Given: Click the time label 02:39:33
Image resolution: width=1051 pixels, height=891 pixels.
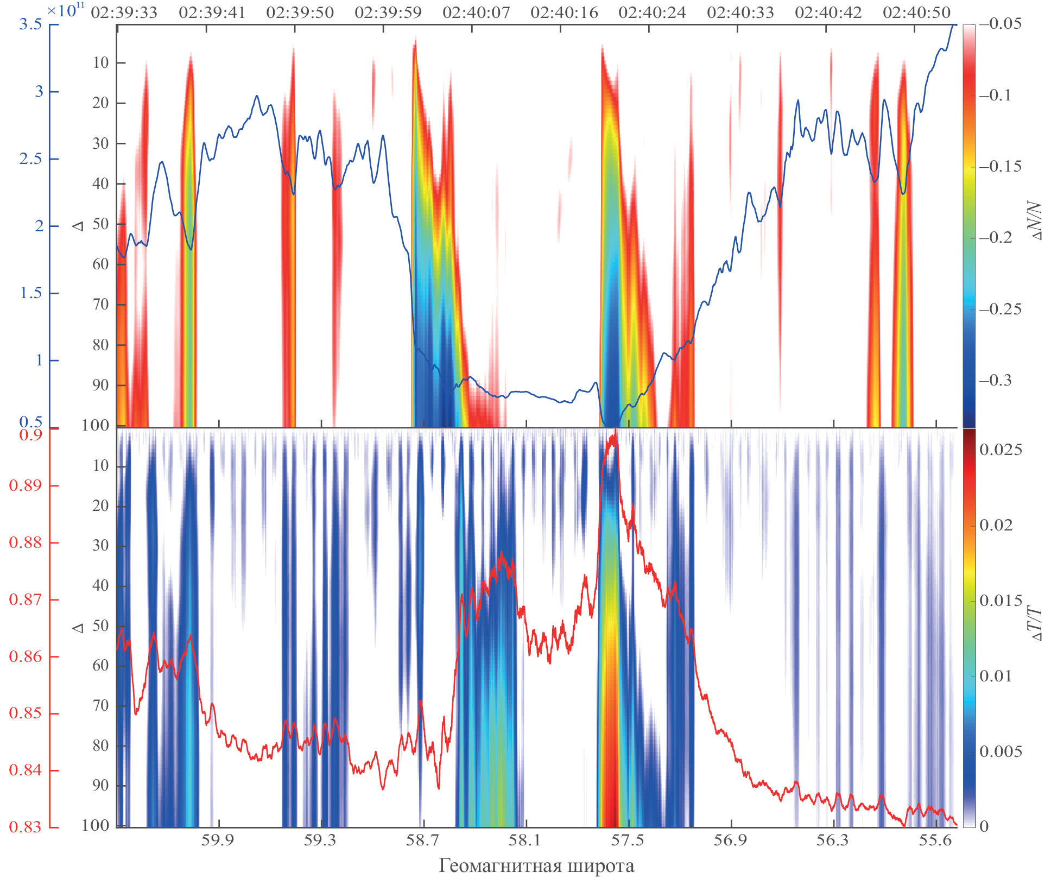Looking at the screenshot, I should pos(124,12).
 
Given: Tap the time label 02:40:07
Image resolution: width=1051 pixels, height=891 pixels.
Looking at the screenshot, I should pos(476,12).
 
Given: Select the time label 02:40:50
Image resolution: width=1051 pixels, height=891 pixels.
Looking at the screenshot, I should pos(916,12).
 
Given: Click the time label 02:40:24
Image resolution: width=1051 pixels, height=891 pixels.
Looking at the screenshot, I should pos(652,12).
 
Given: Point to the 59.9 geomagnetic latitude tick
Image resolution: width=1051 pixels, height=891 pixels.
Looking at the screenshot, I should pos(217,840).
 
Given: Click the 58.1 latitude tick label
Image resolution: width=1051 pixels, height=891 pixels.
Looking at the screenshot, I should pos(524,840).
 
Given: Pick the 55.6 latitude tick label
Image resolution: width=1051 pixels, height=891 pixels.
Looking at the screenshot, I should pos(935,840).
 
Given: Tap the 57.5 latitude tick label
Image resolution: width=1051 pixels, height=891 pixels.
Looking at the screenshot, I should pos(627,840).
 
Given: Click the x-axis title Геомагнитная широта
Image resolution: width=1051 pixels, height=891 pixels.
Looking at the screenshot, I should pos(536,865).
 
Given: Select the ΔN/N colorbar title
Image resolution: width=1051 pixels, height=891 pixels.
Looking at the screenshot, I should pos(1036,221).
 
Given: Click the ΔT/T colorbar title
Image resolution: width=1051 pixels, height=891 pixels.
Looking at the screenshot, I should pos(1036,624).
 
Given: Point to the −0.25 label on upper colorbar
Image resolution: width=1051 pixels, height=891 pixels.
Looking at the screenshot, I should pos(1001,309).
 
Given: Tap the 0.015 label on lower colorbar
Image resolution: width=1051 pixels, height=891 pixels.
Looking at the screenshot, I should pos(1001,600).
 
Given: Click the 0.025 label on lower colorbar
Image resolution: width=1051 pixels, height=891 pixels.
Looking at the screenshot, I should pos(1001,450).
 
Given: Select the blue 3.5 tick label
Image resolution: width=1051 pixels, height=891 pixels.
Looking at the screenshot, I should pos(30,24).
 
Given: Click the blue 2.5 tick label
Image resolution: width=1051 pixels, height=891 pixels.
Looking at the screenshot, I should pos(30,159).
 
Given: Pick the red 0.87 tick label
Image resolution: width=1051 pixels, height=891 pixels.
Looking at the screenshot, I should pos(25,599).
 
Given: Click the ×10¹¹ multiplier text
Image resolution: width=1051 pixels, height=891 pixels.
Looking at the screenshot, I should pos(66,11).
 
